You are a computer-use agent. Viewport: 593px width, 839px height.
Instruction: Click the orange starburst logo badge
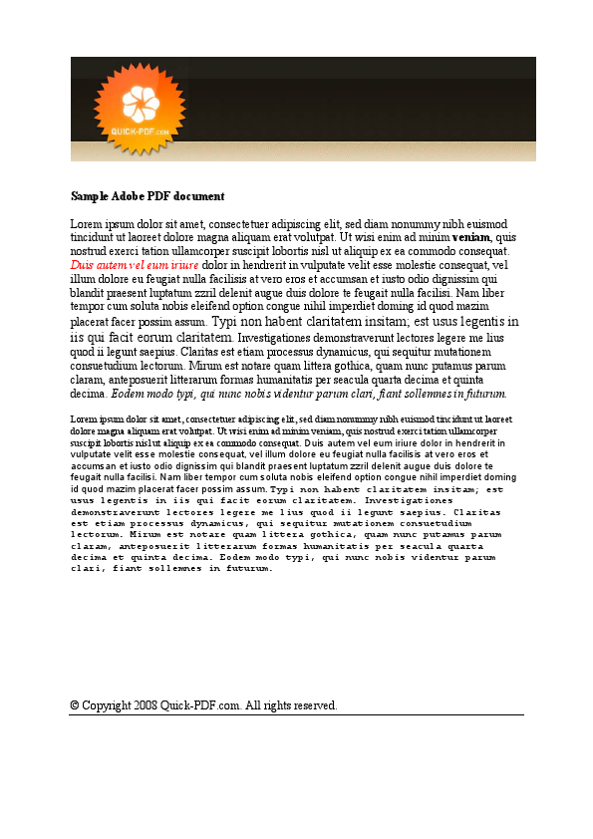click(139, 108)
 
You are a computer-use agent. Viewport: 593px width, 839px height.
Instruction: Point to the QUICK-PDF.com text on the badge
click(140, 131)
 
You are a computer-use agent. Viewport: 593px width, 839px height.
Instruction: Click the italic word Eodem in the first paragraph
click(130, 394)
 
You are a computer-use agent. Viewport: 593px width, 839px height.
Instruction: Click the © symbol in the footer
click(75, 705)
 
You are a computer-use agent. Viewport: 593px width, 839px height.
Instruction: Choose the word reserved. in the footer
click(313, 705)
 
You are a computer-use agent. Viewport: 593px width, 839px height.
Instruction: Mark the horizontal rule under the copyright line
click(296, 714)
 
